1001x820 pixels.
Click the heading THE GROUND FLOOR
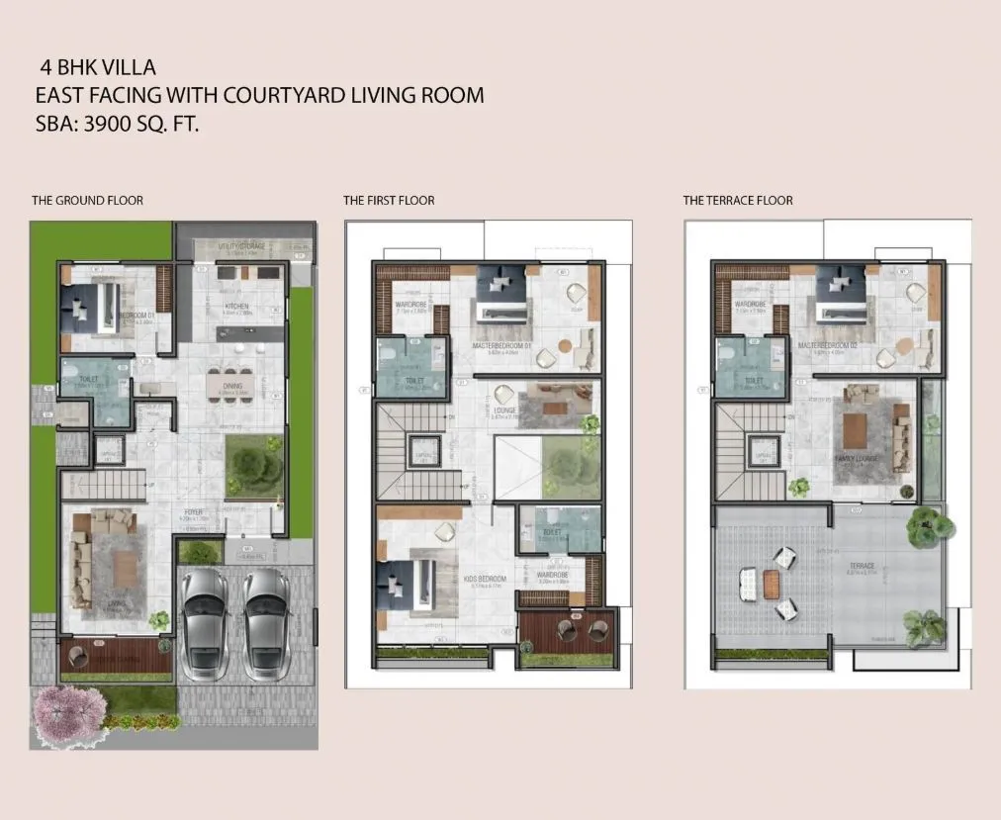[87, 201]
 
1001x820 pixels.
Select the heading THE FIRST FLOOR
[389, 201]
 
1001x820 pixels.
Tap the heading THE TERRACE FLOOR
[737, 201]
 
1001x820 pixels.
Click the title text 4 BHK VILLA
[98, 68]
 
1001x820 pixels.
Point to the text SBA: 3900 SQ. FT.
[117, 126]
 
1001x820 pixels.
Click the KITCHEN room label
[236, 307]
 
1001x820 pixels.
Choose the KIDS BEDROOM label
[486, 579]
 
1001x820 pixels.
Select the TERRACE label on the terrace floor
[861, 567]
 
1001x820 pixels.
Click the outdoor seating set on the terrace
[768, 584]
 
